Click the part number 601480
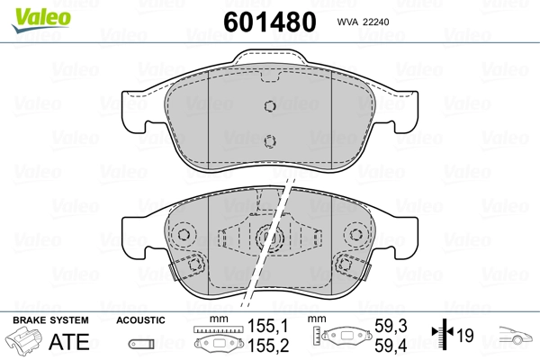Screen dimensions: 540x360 tap(270, 22)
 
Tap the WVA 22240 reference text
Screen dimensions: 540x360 tap(363, 22)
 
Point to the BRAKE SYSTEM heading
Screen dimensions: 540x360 tap(50, 320)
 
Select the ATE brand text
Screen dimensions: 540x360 tap(69, 341)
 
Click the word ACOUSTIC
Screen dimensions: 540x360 tap(140, 320)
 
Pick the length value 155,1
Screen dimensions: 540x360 tap(268, 326)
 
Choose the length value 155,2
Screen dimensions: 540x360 tap(268, 346)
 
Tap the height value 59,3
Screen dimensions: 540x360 tap(391, 326)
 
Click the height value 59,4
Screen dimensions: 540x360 tap(391, 346)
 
